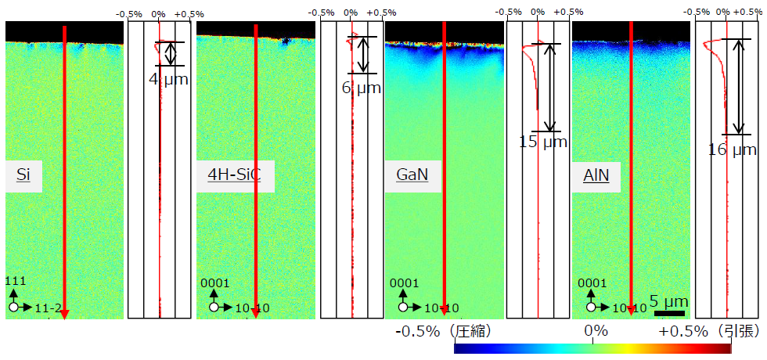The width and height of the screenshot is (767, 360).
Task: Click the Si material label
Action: (23, 176)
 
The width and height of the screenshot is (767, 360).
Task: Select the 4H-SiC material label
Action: (235, 176)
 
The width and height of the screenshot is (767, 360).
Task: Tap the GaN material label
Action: (412, 176)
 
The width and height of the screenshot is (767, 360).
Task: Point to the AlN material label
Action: (596, 176)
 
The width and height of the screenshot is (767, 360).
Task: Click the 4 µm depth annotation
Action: (168, 78)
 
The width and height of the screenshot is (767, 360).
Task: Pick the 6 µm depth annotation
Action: (362, 88)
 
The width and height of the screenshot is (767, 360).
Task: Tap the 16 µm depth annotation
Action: (733, 149)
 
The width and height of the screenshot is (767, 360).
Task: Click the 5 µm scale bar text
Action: (669, 301)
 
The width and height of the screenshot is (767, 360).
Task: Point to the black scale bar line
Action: (669, 313)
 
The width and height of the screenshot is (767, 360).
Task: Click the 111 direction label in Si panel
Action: (15, 281)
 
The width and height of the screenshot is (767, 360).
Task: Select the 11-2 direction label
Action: (49, 308)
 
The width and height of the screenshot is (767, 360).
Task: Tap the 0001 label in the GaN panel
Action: (405, 283)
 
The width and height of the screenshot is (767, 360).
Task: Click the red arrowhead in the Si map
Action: (65, 313)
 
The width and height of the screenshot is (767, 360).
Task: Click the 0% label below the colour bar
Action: (596, 331)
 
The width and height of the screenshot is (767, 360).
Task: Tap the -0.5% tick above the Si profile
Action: (127, 14)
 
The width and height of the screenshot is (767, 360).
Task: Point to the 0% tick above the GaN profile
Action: (538, 14)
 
